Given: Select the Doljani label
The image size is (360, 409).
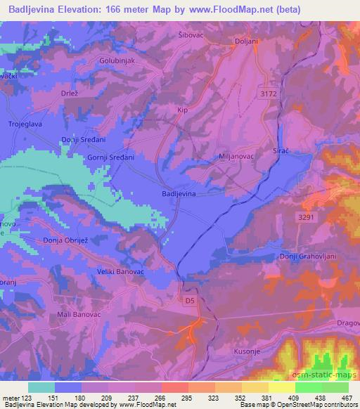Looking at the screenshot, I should click(245, 41).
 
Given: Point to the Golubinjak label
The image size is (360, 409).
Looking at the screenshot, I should click(117, 61).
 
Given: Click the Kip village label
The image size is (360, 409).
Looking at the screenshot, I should click(183, 110).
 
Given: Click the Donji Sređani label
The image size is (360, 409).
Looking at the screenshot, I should click(83, 141).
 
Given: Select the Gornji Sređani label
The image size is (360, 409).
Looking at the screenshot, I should click(110, 158).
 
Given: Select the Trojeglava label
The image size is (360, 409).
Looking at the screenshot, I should click(26, 124).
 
